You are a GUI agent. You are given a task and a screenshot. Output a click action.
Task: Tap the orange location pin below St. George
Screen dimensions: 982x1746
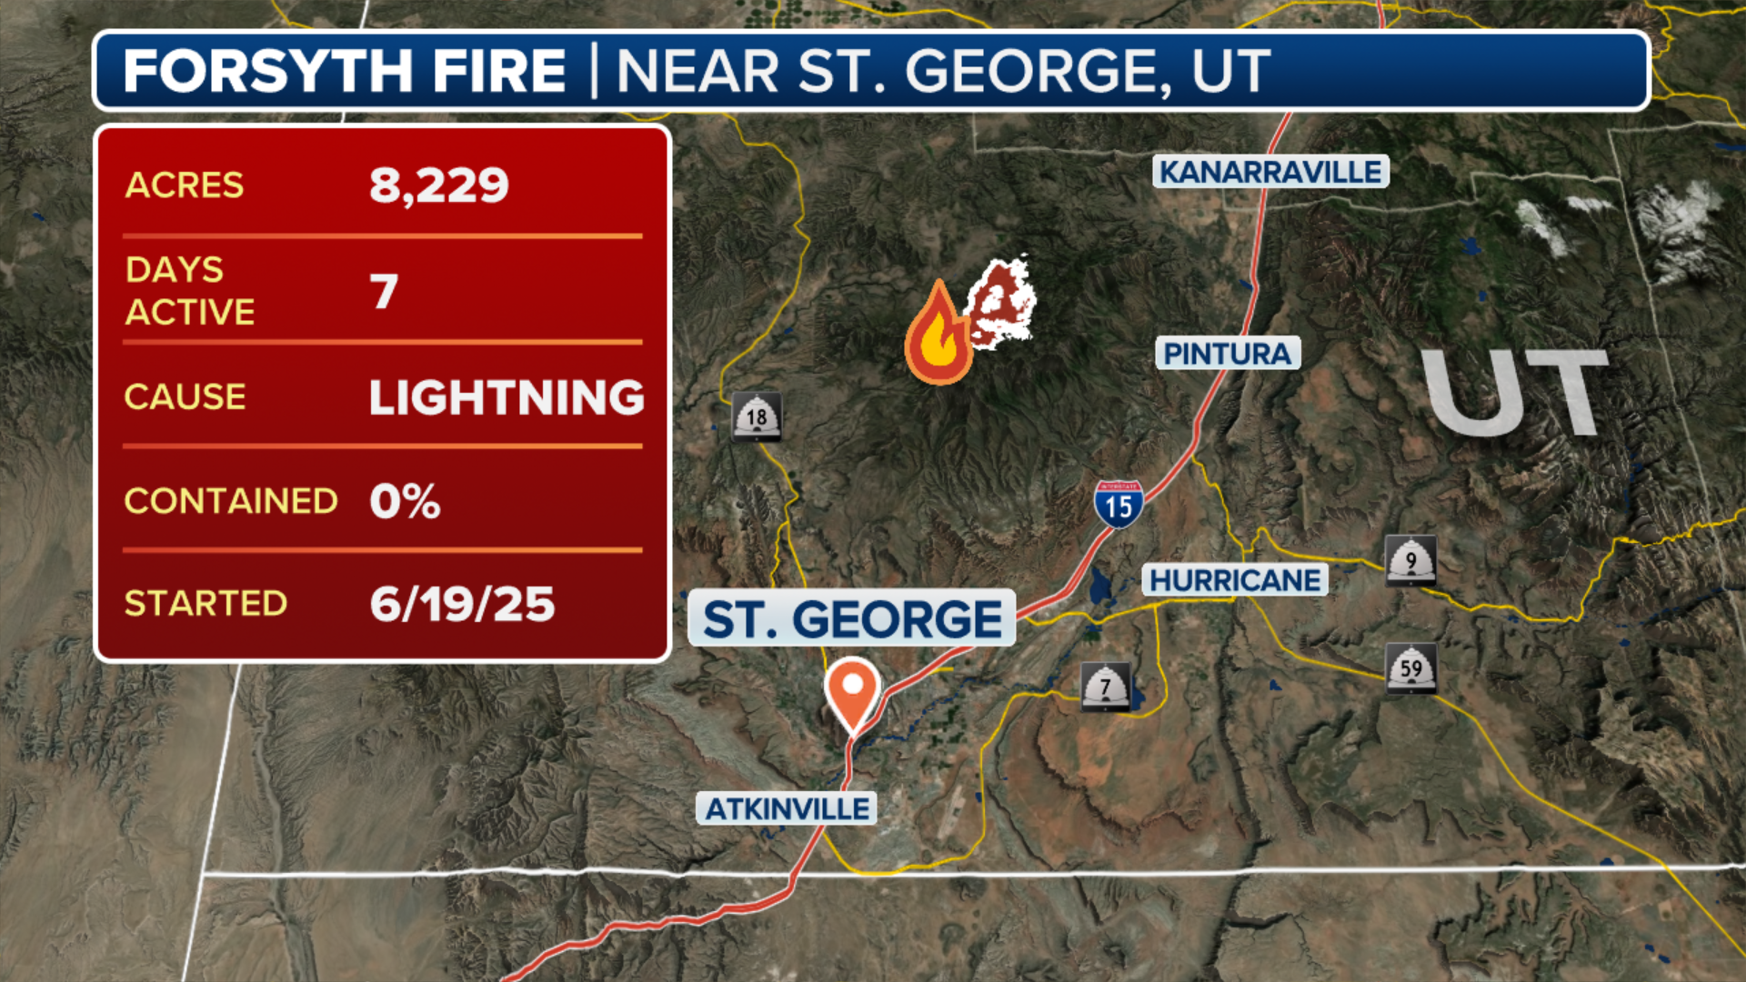852,692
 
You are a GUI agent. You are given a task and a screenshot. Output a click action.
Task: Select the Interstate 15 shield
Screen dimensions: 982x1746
1118,505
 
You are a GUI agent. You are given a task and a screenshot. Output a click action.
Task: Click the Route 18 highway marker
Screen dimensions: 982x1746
757,417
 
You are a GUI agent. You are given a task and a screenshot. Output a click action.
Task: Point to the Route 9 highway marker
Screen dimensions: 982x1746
1410,560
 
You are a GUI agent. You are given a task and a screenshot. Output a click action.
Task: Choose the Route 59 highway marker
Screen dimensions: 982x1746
1410,668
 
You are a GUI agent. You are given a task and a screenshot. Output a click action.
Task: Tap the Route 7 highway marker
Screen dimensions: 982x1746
1105,686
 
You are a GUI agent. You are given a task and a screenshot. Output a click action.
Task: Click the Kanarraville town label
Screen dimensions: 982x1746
1270,172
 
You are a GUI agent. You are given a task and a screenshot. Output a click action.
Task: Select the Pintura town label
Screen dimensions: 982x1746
1228,353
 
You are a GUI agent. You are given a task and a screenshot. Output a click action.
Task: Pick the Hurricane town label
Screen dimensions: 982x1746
1234,580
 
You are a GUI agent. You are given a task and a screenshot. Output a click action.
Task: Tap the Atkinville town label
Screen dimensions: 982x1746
787,808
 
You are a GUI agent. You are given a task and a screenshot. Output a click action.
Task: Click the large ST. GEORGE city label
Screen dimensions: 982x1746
852,619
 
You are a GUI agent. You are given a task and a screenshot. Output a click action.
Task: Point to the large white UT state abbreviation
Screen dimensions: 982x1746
1514,393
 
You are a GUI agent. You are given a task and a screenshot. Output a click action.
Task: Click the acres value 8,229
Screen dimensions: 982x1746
438,185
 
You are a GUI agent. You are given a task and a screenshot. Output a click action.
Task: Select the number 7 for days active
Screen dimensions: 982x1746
384,292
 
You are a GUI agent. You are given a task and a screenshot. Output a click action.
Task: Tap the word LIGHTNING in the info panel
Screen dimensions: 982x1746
507,397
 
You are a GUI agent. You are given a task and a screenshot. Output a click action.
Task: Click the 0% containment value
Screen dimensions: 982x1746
405,501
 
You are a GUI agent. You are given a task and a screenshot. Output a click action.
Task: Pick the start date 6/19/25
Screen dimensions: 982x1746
462,605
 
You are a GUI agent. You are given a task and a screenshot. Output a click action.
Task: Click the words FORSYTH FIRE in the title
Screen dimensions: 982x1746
345,71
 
